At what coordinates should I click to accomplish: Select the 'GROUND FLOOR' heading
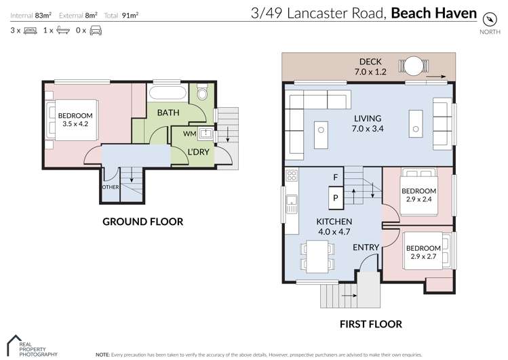click(142, 222)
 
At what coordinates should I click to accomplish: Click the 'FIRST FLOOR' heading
click(370, 324)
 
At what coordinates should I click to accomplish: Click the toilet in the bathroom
click(201, 95)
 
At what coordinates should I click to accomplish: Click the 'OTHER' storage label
click(110, 187)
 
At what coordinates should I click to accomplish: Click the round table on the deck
click(415, 65)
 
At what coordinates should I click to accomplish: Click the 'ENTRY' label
click(366, 248)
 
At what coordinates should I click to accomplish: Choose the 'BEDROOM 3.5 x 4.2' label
click(75, 120)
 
